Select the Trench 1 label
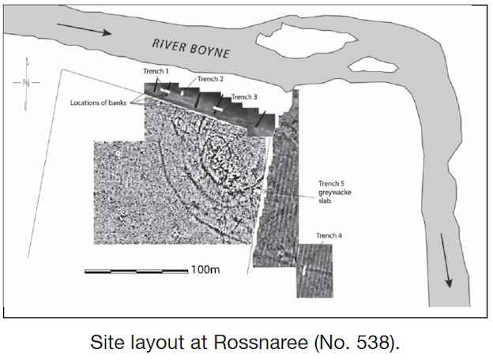point(156,72)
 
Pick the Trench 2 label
point(210,79)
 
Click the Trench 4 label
point(329,236)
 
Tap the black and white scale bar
point(135,272)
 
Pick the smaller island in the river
point(372,62)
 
